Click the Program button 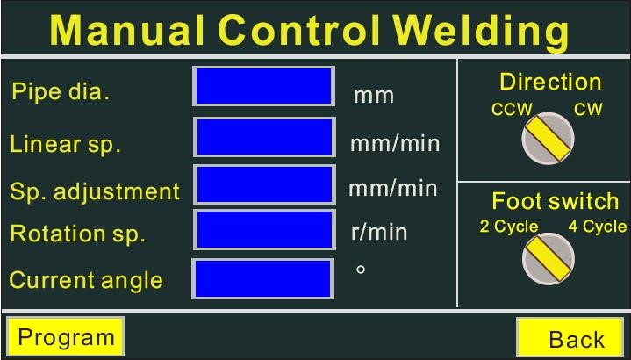(65, 336)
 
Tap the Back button (570, 337)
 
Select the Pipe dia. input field (263, 86)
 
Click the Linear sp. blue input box (264, 137)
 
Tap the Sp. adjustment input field (264, 184)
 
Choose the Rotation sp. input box (264, 229)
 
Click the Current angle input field (262, 279)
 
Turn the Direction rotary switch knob (548, 138)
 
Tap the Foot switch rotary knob (549, 259)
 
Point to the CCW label (512, 109)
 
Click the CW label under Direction (588, 109)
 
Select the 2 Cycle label (509, 227)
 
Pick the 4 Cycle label (597, 227)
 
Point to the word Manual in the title (127, 30)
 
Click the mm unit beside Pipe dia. (374, 97)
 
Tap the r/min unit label (379, 233)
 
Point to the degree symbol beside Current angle (361, 270)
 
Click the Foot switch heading (555, 201)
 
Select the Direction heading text (550, 83)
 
